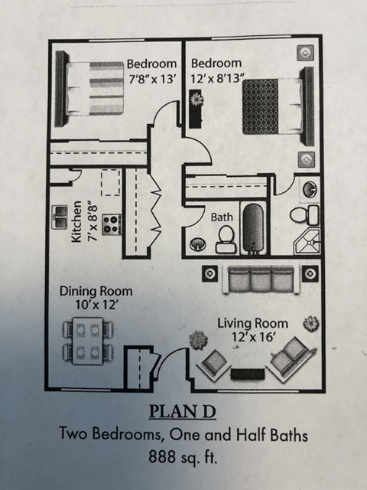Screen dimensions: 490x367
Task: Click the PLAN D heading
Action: [183, 413]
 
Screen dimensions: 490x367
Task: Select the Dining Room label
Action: [96, 291]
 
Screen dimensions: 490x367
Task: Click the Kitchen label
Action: [76, 222]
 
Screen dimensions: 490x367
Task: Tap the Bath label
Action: [222, 217]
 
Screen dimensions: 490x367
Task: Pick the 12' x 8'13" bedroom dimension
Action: [217, 77]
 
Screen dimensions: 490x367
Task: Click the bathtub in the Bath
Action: [253, 227]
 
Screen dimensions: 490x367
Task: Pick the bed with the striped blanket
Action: [94, 88]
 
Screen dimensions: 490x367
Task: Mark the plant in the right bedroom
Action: [197, 99]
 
